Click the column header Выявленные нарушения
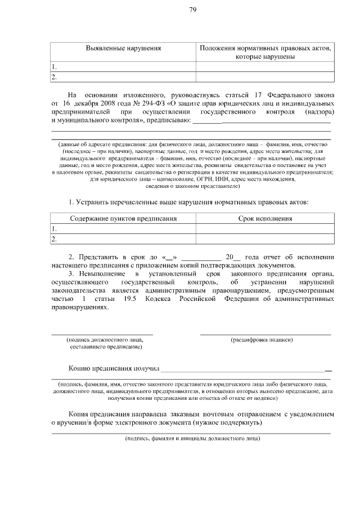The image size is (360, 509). click(123, 48)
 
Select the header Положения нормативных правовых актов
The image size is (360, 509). click(264, 48)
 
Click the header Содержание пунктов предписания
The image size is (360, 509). click(123, 219)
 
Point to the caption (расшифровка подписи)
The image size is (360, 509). click(262, 340)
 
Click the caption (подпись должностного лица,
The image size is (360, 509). click(105, 340)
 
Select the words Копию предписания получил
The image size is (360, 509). click(114, 368)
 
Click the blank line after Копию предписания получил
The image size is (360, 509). click(245, 370)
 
